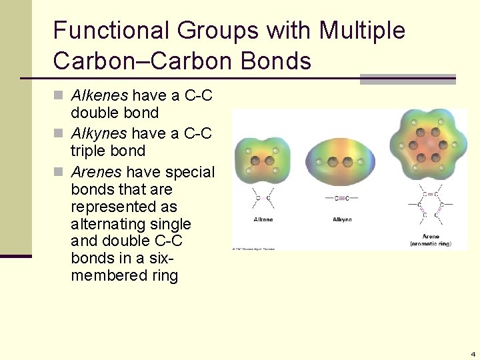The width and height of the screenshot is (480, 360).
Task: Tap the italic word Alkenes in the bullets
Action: coord(99,96)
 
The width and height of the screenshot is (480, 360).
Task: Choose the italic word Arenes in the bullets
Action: coord(96,172)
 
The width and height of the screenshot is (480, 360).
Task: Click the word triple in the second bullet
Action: coord(88,151)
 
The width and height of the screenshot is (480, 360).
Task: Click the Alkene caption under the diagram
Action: coord(263,219)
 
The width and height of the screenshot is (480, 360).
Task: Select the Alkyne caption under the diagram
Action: coord(342,219)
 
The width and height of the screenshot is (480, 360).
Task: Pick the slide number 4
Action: coord(473,354)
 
